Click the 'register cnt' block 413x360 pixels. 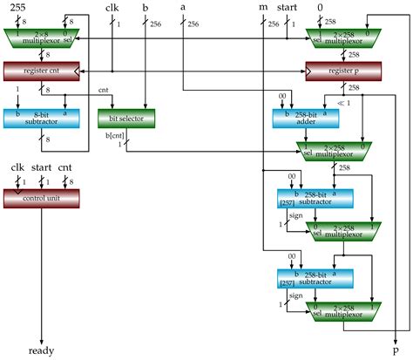[x=42, y=68]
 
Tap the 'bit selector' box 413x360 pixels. [x=125, y=118]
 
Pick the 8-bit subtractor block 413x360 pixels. [x=42, y=118]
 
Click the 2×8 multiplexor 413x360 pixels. [x=42, y=37]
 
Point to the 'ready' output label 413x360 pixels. [x=41, y=350]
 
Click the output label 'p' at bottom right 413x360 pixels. [x=396, y=350]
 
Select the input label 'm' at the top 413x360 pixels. [x=263, y=8]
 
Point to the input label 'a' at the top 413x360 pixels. [x=182, y=8]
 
